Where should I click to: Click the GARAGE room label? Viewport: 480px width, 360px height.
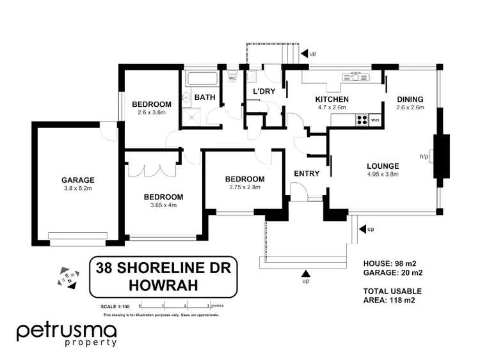click(78, 180)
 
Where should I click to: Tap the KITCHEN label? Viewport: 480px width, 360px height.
click(332, 99)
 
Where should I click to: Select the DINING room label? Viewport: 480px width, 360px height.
click(410, 99)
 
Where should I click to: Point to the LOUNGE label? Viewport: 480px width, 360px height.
click(383, 164)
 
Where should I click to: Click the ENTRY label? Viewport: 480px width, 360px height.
click(307, 173)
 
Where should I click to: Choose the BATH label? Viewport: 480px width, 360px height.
click(205, 97)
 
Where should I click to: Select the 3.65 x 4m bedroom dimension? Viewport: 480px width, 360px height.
click(163, 205)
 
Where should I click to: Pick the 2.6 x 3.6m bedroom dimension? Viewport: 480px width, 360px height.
click(152, 113)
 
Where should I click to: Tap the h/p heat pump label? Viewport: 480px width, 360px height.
click(424, 156)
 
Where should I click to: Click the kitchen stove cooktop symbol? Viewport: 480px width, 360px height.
click(361, 119)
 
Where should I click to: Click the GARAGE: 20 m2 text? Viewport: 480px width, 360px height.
click(393, 273)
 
